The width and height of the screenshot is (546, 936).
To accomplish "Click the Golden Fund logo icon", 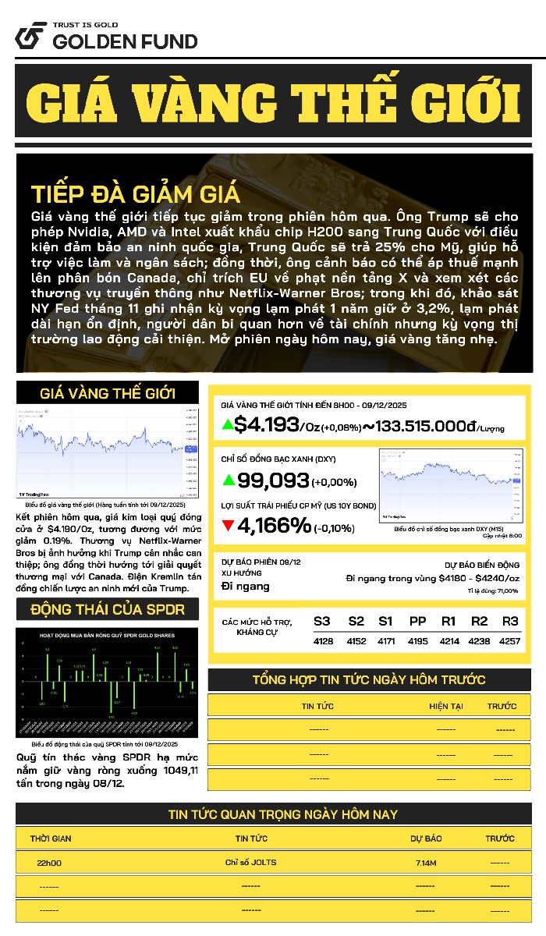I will (x=29, y=36).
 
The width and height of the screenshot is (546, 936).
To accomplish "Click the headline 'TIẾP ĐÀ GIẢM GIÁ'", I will (x=136, y=194).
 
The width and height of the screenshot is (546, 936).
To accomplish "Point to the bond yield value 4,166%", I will (x=274, y=526).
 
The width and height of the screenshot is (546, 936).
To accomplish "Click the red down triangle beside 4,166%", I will (x=228, y=526).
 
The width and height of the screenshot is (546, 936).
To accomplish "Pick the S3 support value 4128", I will (x=322, y=640).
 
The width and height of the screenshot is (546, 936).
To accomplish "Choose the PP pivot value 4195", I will (x=417, y=640).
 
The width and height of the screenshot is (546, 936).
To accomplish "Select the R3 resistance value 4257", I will (x=509, y=640).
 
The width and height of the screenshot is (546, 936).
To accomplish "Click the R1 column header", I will (x=448, y=622).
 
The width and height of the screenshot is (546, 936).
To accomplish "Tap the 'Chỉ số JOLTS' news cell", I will (x=250, y=862).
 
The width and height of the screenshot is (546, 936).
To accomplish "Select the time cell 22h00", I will (x=49, y=863).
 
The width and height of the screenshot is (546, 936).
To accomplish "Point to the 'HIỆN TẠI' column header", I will (x=446, y=706).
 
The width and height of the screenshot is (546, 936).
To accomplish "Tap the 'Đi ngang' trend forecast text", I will (x=246, y=586).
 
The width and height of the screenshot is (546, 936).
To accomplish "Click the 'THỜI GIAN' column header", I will (x=51, y=838).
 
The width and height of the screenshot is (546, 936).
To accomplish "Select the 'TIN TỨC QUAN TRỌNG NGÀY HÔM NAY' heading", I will (x=282, y=814).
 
